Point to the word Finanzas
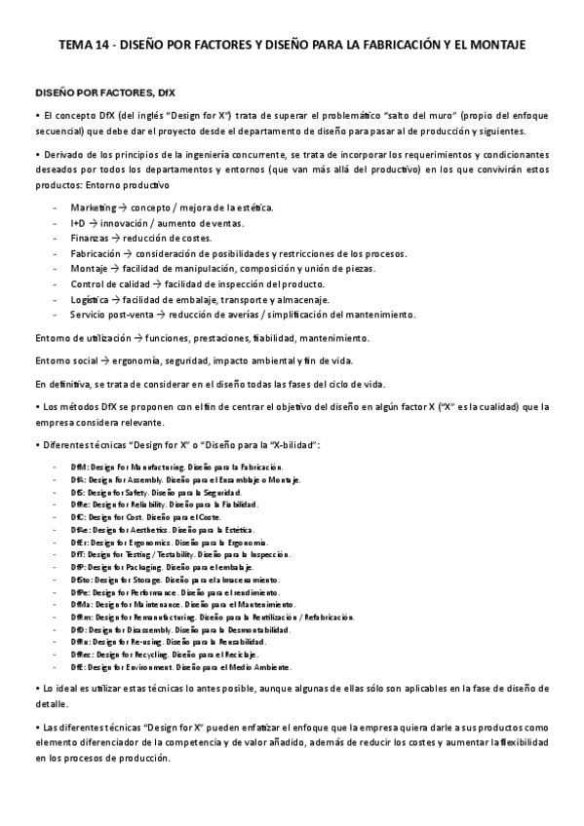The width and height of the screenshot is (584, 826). click(90, 239)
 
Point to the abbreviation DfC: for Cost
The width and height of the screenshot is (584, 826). click(78, 517)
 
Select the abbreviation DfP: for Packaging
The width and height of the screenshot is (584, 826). click(78, 567)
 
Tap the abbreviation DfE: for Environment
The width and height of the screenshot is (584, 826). click(77, 667)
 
